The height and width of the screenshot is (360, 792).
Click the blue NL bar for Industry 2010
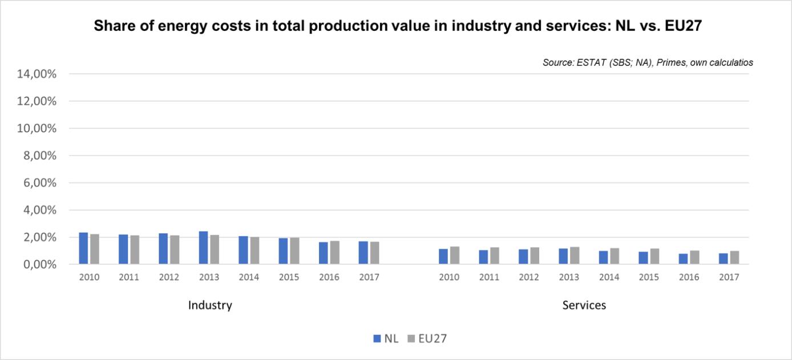[83, 249]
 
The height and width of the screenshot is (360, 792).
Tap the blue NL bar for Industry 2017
[363, 253]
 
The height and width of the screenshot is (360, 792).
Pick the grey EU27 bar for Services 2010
[455, 256]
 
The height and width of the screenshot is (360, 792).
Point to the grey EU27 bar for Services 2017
[734, 258]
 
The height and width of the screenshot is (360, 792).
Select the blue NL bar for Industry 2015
[283, 252]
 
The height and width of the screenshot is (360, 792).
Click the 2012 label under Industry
[169, 277]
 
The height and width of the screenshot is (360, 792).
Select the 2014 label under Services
[609, 277]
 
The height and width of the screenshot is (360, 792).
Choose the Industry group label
[210, 305]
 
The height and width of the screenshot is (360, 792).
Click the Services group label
[584, 305]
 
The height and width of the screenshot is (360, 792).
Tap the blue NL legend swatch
[377, 338]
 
